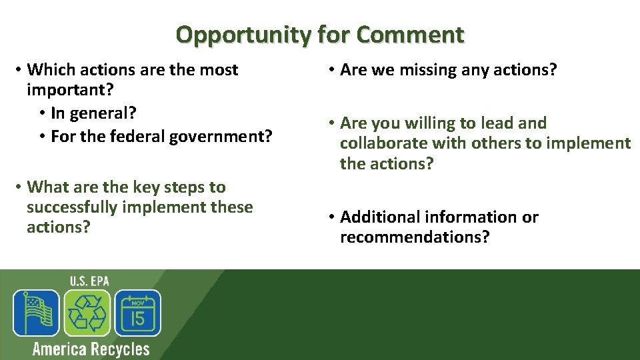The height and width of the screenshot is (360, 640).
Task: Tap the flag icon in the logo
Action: pos(36,313)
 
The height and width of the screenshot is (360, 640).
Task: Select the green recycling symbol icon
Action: pos(87,313)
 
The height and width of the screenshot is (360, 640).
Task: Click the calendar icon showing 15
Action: pos(137,313)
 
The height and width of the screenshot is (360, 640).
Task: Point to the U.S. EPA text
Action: pos(90,281)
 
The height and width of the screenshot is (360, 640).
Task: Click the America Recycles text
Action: pos(91,349)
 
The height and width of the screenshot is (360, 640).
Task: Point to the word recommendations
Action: pos(414,237)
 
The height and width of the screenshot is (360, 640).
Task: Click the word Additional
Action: pos(377,217)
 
